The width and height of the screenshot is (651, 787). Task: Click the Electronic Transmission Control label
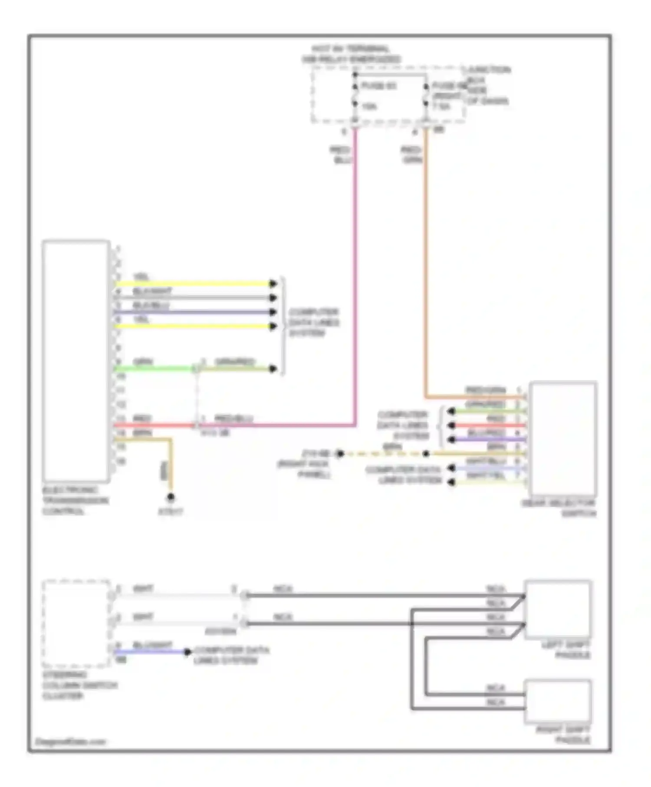click(75, 500)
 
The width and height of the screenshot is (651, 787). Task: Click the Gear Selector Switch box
click(562, 439)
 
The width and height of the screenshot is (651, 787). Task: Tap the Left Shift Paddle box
click(558, 609)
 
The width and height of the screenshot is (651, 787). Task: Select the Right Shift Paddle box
click(558, 702)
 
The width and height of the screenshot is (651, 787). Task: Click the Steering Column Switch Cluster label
click(79, 685)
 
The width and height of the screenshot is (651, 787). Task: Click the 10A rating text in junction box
click(369, 106)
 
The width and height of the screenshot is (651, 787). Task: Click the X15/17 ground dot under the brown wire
click(171, 497)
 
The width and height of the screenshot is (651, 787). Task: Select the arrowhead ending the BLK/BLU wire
click(273, 312)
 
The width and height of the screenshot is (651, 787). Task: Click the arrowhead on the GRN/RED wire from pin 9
click(273, 369)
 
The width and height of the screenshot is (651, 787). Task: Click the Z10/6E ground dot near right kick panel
click(340, 454)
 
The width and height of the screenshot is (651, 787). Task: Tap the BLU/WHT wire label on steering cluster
click(152, 645)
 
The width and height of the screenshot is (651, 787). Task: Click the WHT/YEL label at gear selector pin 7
click(486, 475)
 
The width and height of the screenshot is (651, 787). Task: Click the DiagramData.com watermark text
click(70, 741)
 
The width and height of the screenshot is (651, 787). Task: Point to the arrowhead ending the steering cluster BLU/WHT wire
click(187, 652)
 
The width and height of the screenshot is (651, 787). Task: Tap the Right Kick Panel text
click(304, 469)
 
